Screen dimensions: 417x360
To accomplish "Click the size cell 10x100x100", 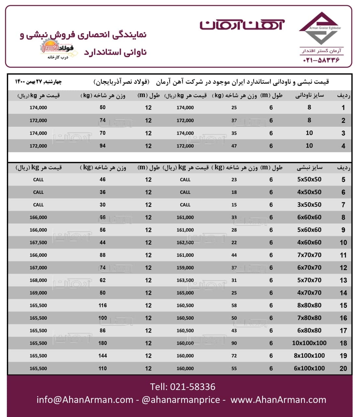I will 309,343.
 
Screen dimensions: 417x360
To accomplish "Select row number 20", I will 343,368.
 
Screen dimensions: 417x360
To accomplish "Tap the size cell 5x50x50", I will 309,180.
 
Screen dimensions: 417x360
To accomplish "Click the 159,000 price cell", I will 185,268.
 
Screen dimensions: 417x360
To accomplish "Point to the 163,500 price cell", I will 185,280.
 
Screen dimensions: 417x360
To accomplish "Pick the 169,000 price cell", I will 38,293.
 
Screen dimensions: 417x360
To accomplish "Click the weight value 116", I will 102,306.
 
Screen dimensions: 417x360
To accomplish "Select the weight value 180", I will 102,343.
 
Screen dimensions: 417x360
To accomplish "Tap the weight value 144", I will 102,356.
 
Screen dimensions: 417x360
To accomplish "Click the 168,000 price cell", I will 38,280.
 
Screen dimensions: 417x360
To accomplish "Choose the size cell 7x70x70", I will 309,255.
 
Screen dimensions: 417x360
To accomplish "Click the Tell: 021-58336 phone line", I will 183,387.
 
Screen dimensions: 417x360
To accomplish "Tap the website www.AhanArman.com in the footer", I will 278,400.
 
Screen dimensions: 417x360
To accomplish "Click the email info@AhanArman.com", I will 85,400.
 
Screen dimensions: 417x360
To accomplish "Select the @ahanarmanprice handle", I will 181,400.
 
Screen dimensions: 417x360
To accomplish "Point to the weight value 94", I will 102,146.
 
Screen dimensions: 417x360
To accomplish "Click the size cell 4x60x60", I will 309,242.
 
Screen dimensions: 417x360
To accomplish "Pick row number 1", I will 343,108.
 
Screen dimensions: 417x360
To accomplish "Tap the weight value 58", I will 234,306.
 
